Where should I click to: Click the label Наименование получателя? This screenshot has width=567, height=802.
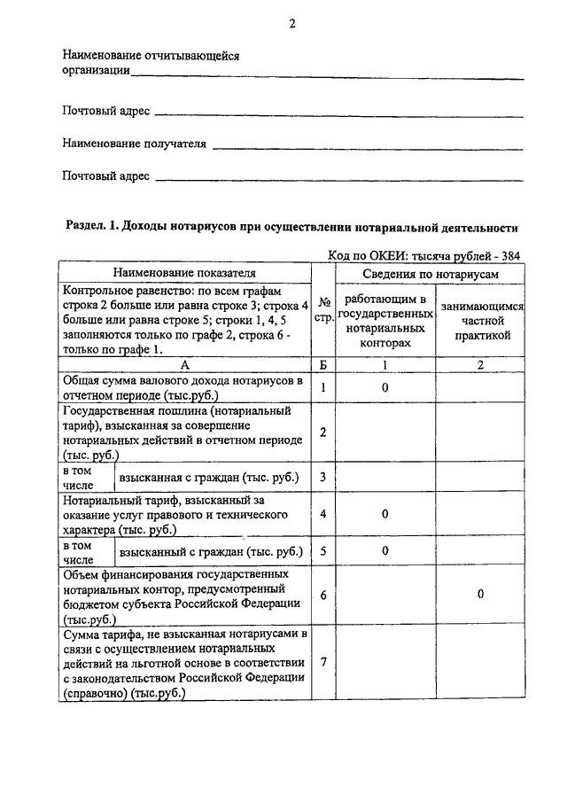[x=134, y=143]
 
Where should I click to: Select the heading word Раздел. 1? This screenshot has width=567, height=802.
[x=92, y=226]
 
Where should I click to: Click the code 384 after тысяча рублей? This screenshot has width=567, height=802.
[x=510, y=255]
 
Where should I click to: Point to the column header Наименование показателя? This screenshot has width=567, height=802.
[x=184, y=273]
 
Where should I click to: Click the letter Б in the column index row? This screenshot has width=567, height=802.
[x=323, y=364]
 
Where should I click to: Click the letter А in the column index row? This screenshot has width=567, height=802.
[x=184, y=364]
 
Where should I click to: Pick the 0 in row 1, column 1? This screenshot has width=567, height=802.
[x=386, y=387]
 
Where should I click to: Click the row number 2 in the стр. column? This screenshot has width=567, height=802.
[x=323, y=432]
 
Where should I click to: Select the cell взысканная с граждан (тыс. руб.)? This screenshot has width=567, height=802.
[x=209, y=478]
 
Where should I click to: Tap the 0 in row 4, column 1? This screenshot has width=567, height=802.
[x=386, y=514]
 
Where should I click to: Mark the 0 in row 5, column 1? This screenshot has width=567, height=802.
[x=386, y=550]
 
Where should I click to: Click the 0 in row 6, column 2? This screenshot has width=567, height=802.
[x=480, y=595]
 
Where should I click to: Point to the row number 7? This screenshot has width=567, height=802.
[x=323, y=663]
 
